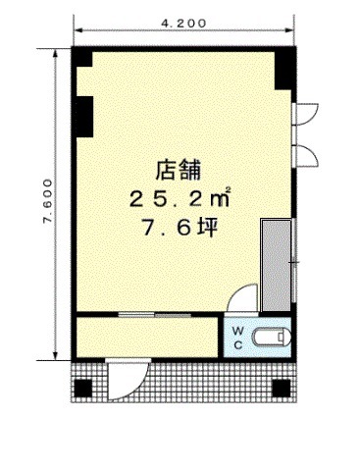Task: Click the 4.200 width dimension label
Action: click(184, 24)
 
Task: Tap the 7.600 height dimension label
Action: click(47, 201)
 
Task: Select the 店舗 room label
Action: click(178, 170)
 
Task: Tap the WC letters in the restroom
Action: click(238, 338)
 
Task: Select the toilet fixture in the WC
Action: click(272, 338)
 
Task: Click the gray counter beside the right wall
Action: click(277, 266)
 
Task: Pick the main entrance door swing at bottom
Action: click(129, 380)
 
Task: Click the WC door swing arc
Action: click(242, 297)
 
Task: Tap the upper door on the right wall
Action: click(307, 114)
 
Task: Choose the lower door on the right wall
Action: click(307, 157)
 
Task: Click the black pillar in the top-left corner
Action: click(84, 58)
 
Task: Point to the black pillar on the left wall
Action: click(84, 117)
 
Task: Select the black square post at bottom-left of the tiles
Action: click(82, 389)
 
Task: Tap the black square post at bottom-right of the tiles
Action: click(282, 389)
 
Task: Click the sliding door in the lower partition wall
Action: click(155, 315)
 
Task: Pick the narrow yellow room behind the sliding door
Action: click(147, 338)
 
